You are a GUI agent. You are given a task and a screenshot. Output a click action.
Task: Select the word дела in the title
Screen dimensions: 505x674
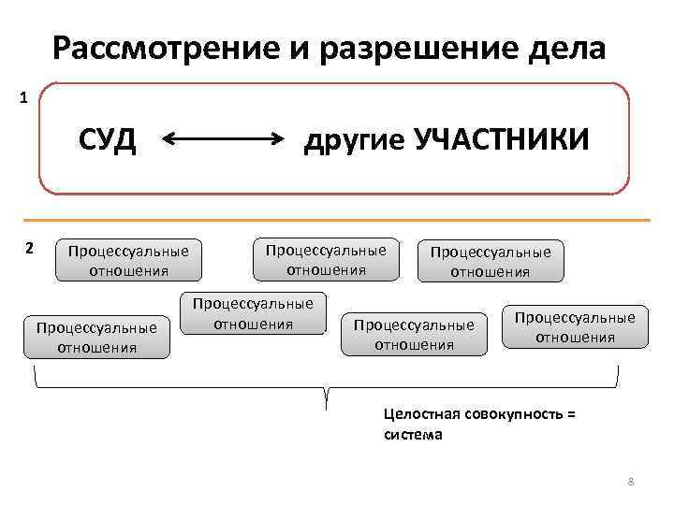click(x=567, y=48)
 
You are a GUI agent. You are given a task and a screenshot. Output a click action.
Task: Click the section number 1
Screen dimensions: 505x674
click(x=23, y=96)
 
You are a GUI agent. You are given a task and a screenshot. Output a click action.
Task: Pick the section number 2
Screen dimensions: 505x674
click(x=29, y=248)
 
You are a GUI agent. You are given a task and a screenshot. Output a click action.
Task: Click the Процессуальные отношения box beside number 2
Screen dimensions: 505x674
click(x=128, y=260)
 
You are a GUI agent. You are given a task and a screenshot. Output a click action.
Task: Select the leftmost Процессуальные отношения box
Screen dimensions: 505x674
click(x=96, y=337)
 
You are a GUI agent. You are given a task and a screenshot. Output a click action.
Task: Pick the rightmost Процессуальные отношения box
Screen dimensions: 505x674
click(x=575, y=326)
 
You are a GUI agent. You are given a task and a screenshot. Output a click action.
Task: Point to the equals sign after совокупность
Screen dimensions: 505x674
click(x=571, y=417)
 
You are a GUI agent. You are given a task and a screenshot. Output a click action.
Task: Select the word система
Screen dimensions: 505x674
click(x=413, y=435)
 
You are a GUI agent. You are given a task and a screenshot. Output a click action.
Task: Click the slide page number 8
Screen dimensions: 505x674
click(x=630, y=482)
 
